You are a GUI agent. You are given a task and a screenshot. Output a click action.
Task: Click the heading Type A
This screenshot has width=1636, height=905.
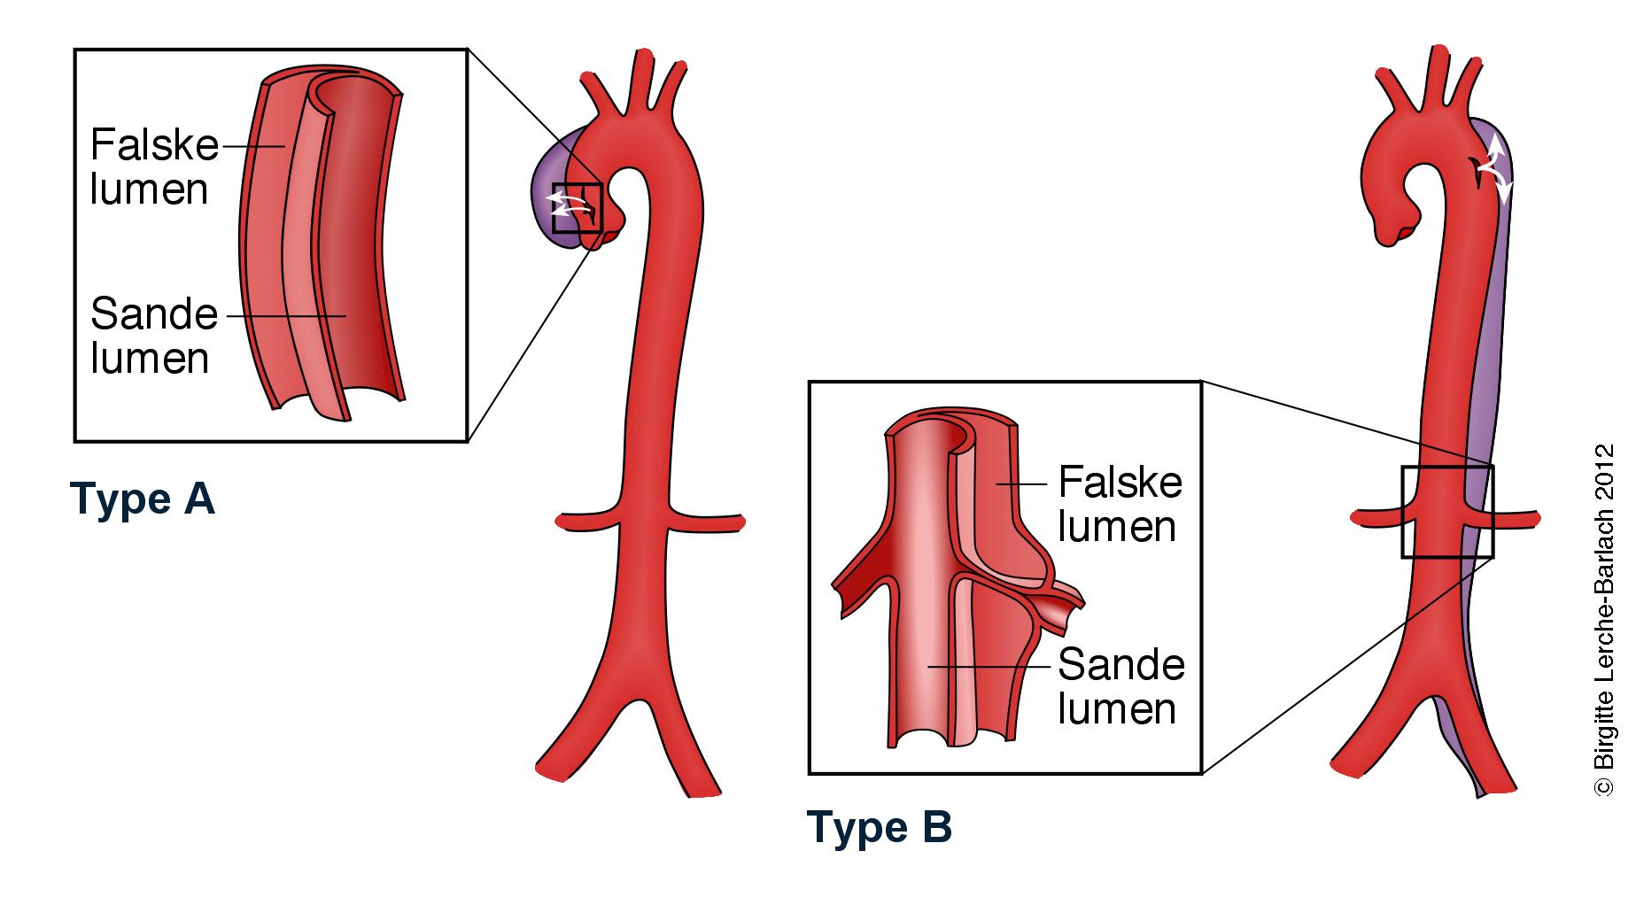(x=142, y=499)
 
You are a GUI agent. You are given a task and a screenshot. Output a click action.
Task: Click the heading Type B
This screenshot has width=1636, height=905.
(x=879, y=828)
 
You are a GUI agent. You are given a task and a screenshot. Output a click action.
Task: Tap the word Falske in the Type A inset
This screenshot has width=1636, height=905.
(x=154, y=145)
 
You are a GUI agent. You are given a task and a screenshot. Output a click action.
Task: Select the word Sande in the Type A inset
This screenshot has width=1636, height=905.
(x=154, y=314)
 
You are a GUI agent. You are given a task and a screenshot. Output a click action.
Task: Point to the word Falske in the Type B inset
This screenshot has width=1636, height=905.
(x=1120, y=483)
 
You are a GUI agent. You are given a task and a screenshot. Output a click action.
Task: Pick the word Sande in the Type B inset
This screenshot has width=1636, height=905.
(x=1121, y=665)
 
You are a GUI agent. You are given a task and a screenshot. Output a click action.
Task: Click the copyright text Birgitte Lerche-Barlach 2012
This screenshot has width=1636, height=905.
(x=1604, y=620)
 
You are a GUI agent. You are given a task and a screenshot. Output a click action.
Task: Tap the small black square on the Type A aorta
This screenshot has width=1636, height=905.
(x=577, y=208)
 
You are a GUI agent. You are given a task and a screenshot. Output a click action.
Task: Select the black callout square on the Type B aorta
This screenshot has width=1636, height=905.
(x=1446, y=512)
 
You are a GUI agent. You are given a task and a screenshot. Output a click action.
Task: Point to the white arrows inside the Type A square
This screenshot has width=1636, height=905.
(x=570, y=205)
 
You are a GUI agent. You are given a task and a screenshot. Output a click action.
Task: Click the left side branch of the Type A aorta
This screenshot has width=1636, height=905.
(x=585, y=520)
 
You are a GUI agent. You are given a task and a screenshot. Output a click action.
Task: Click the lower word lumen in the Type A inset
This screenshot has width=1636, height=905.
(x=150, y=359)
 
